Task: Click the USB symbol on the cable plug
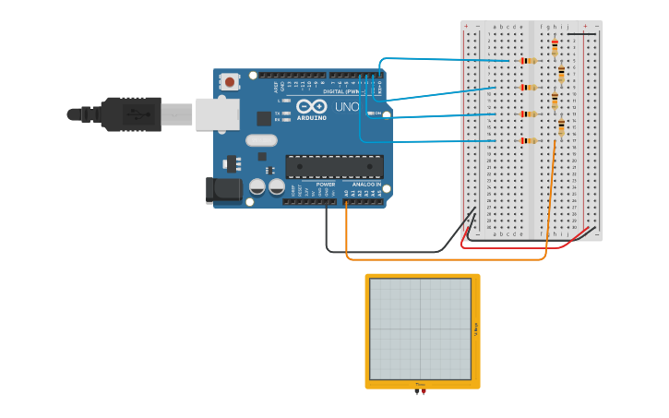pos(136,114)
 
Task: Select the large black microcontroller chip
pos(334,166)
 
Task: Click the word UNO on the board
pos(346,107)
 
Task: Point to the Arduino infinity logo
pos(311,107)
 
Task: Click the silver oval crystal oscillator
pos(261,140)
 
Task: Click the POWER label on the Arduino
pos(326,185)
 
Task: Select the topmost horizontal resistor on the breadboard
pos(528,61)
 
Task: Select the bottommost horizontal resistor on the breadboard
pos(528,140)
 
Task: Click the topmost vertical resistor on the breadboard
pos(555,47)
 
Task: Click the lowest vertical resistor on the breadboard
pos(561,127)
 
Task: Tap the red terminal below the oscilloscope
pos(424,391)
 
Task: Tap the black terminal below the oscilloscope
pos(417,391)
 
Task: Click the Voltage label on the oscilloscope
pos(475,328)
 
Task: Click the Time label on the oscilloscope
pos(420,384)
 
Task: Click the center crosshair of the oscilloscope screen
pos(420,328)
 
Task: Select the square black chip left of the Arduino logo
pos(264,118)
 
